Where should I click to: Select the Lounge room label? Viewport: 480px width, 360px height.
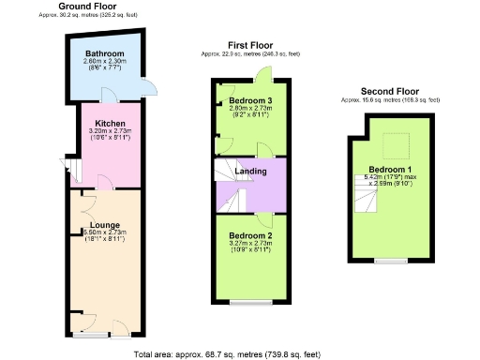[x=103, y=224]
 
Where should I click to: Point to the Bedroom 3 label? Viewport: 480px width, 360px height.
[x=250, y=100]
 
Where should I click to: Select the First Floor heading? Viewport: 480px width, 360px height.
[x=250, y=45]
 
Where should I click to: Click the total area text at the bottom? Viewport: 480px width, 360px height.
[x=241, y=354]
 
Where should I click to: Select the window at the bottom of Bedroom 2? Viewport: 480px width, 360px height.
[x=250, y=302]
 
